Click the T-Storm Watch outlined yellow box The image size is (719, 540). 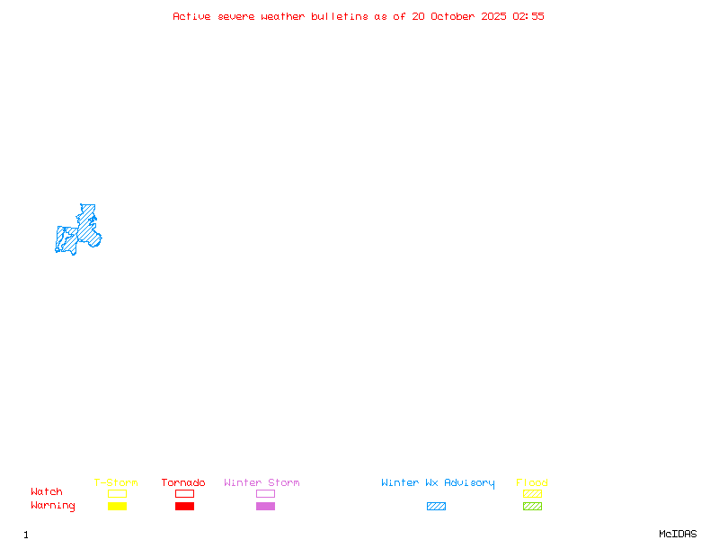click(117, 493)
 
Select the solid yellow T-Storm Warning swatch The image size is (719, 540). click(117, 506)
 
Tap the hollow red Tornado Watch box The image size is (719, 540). click(184, 493)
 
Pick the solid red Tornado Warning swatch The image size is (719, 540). click(184, 506)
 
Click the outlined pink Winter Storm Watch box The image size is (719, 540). click(265, 493)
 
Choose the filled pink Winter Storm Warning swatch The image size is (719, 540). click(265, 506)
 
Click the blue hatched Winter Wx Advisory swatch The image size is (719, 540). click(436, 506)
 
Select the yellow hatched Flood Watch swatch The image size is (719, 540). click(532, 493)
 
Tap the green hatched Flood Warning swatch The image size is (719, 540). click(532, 506)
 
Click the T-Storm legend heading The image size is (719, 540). click(116, 482)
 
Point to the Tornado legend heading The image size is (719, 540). click(183, 482)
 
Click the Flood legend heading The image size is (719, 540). click(532, 482)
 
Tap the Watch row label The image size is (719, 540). click(47, 492)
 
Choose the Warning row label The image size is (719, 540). click(53, 506)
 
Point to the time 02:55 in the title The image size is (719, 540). click(528, 16)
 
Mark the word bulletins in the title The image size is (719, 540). click(340, 16)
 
